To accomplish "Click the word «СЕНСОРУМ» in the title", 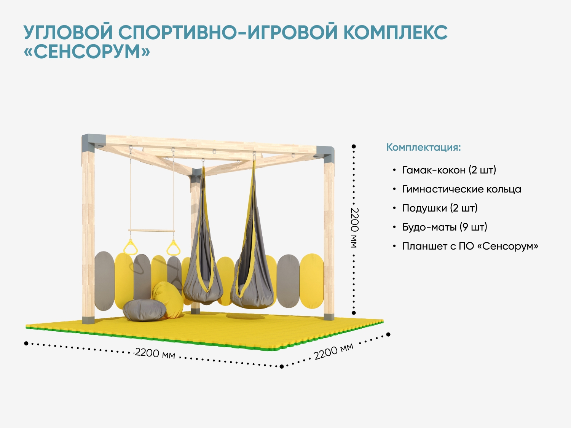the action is [87, 51].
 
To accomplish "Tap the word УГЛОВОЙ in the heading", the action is [68, 32].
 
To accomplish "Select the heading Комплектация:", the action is [424, 147].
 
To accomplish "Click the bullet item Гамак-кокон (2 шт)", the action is [449, 170].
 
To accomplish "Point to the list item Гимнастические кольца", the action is [462, 189].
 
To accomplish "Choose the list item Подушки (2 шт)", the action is [440, 208].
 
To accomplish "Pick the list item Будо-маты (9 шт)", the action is [445, 227].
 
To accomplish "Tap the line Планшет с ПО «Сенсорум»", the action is [470, 246].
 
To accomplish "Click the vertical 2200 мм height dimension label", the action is [354, 228].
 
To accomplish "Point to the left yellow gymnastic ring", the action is [130, 247].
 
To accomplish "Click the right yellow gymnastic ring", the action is [173, 248].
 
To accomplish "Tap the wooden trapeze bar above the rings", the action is [152, 231].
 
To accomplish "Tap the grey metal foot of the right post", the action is [329, 317].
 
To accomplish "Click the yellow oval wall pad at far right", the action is [312, 281].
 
